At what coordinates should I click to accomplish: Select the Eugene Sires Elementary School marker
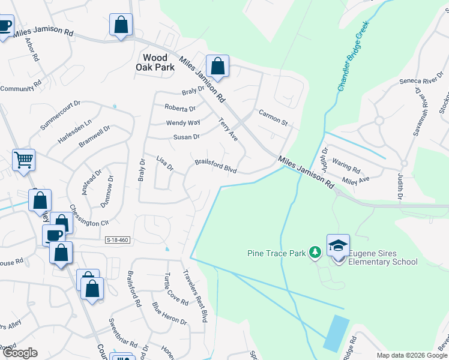click(338, 246)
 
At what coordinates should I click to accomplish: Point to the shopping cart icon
click(24, 160)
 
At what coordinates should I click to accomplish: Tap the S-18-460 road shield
click(116, 240)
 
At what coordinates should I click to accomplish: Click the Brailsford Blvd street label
click(215, 166)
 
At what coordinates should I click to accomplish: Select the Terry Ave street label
click(228, 129)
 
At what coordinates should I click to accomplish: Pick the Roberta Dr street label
click(180, 109)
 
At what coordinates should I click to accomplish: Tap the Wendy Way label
click(183, 123)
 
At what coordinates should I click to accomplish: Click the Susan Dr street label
click(186, 137)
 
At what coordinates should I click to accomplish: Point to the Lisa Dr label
click(164, 162)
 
